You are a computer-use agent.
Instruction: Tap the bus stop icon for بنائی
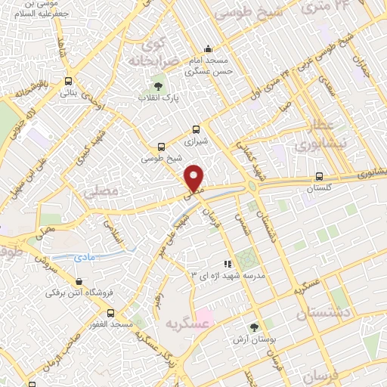[69, 82]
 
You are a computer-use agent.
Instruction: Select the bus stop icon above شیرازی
[197, 129]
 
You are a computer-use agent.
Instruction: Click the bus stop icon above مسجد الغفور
[111, 312]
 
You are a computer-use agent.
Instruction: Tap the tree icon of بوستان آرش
[252, 328]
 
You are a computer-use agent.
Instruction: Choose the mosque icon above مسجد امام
[208, 48]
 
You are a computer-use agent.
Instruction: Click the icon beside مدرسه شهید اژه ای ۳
[228, 262]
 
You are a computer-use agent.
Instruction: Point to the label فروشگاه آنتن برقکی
[76, 291]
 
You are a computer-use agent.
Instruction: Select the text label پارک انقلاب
[158, 98]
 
